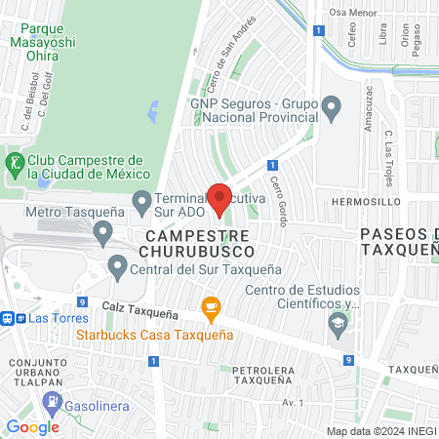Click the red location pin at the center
219,199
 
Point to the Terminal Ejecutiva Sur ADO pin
142,203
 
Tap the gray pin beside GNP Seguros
331,107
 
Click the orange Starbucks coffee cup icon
210,308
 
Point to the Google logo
32,427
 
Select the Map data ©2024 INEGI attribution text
380,430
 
